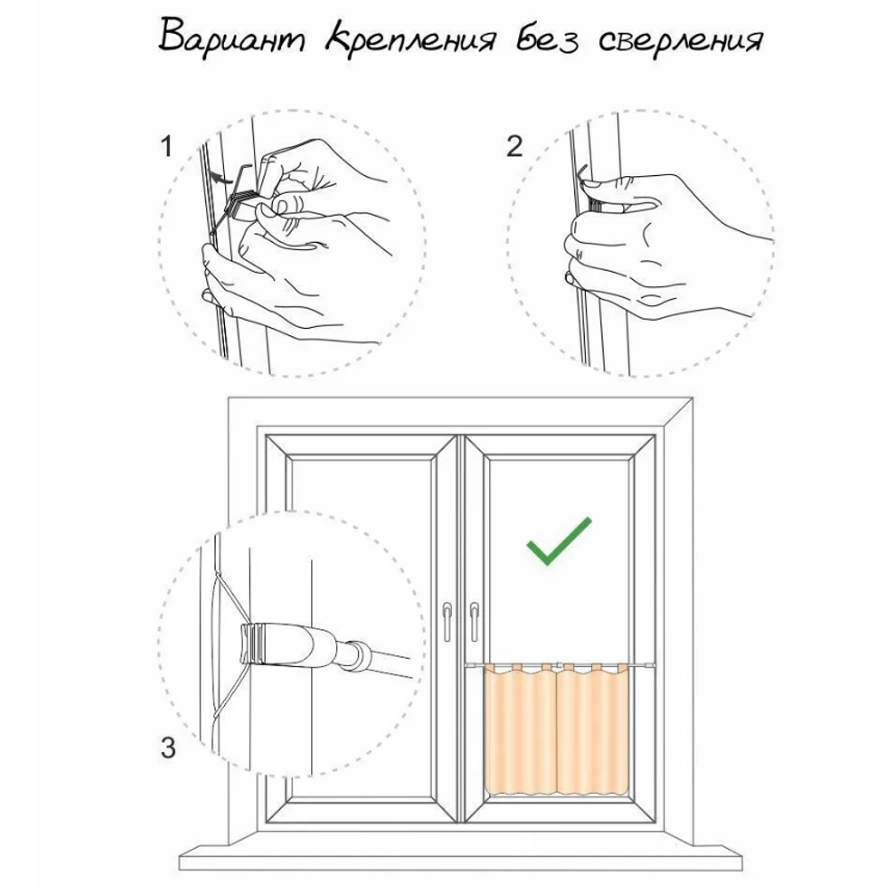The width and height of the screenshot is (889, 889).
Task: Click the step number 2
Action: click(514, 147)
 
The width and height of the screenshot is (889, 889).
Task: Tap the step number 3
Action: click(168, 748)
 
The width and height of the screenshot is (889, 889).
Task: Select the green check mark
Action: click(558, 541)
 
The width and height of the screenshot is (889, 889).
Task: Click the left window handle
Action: click(447, 621)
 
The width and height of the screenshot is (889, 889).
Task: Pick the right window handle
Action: click(474, 621)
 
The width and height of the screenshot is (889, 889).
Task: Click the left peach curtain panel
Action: click(520, 730)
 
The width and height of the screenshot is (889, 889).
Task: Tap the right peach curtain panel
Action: click(592, 730)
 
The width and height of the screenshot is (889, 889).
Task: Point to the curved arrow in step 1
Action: click(220, 176)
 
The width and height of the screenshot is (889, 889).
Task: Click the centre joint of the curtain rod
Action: click(558, 663)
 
